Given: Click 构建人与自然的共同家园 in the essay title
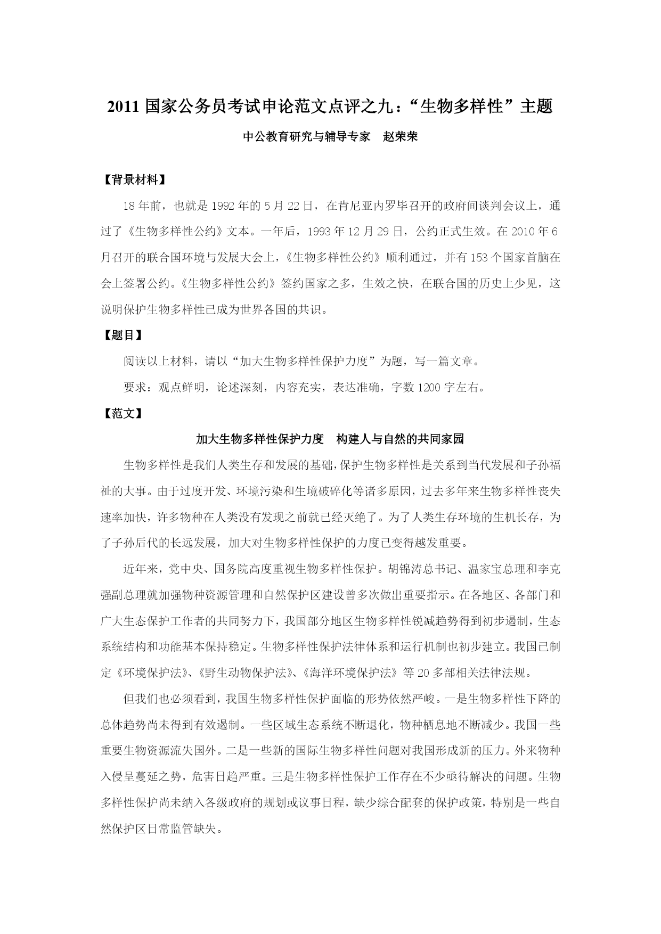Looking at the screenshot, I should tap(400, 439).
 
